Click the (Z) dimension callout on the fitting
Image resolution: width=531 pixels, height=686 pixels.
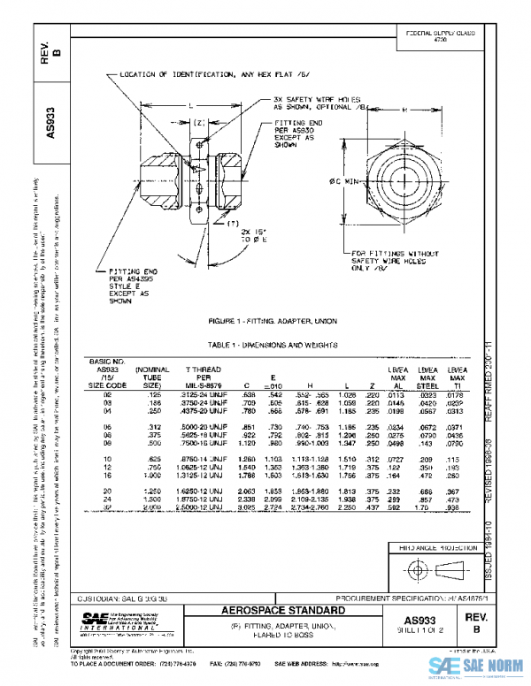199,122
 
